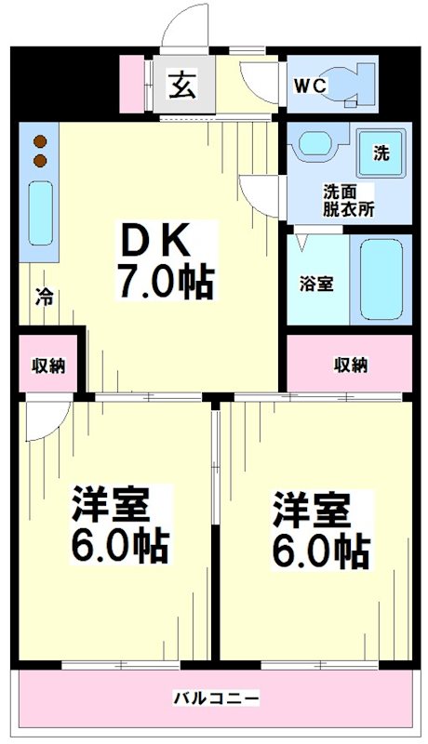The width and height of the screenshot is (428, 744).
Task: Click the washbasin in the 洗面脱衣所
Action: pos(317,145)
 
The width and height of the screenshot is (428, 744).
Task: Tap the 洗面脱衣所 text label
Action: pos(349,201)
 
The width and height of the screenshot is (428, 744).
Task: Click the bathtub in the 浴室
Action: pos(381,279)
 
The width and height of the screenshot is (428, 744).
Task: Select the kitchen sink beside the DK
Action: pos(40,212)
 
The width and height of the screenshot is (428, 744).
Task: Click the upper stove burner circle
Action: pos(41,142)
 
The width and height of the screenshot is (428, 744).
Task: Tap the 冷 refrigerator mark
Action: pos(44,298)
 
